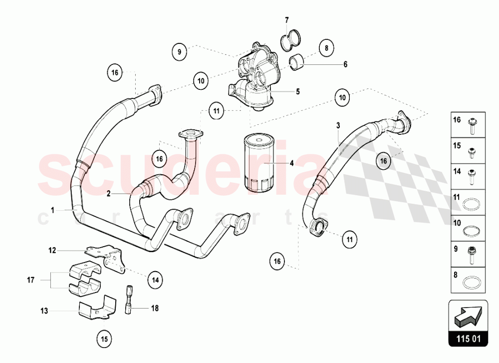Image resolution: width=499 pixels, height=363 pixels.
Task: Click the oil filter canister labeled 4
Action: click(257, 162)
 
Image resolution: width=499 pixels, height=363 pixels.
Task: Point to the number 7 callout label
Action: click(287, 20)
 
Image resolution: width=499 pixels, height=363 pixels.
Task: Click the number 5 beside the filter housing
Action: click(297, 91)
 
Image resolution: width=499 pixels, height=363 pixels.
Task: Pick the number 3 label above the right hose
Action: click(338, 124)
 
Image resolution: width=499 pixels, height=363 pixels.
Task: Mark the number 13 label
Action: click(44, 311)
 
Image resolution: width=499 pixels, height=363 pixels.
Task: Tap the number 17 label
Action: click(31, 281)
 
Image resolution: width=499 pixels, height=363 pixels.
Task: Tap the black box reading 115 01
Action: click(467, 340)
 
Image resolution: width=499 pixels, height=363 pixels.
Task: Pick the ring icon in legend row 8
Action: click(471, 283)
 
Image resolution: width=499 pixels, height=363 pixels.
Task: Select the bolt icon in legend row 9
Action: click(471, 255)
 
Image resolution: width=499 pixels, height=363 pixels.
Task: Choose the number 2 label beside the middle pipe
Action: click(108, 193)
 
